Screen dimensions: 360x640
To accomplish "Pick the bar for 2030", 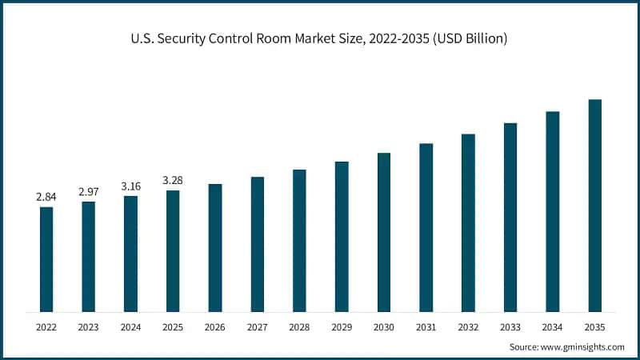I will coord(384,232).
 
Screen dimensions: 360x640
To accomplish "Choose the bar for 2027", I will coord(258,244).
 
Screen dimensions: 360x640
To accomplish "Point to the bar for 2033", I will coord(510,217).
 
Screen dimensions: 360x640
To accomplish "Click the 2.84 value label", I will coord(46,197).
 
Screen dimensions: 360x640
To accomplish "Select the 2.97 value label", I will coord(89,191).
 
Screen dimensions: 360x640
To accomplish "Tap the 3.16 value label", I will coord(130,186).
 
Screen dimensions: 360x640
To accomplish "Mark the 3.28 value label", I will coord(173,180).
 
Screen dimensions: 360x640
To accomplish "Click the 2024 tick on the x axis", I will coord(130,327).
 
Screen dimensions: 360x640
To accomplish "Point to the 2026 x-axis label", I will coord(215,327).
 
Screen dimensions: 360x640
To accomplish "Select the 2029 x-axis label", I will coord(342,327).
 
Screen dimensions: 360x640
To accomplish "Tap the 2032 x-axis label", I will coord(468,327).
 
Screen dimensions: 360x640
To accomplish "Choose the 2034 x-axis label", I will coord(553,327).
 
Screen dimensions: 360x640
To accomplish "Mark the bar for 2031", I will coord(426,227).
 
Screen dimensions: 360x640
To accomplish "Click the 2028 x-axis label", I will coord(299,327).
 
